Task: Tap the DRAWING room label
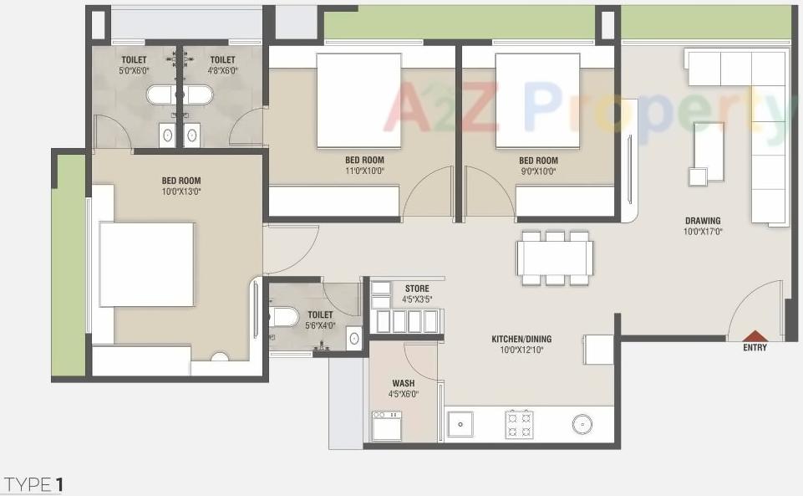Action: (x=703, y=221)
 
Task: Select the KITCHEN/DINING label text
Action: (x=521, y=339)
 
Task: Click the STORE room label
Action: (x=417, y=289)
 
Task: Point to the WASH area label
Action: (x=403, y=384)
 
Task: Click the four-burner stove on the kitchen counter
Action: (x=519, y=424)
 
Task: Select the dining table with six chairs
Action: (x=555, y=258)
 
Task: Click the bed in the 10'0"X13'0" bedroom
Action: (x=146, y=264)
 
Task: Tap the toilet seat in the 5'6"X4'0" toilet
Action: (x=285, y=317)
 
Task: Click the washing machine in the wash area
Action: (x=386, y=425)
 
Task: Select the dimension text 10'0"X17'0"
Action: (x=703, y=232)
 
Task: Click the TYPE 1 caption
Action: (x=33, y=484)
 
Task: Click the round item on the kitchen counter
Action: (x=582, y=424)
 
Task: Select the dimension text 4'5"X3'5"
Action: (x=417, y=299)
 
